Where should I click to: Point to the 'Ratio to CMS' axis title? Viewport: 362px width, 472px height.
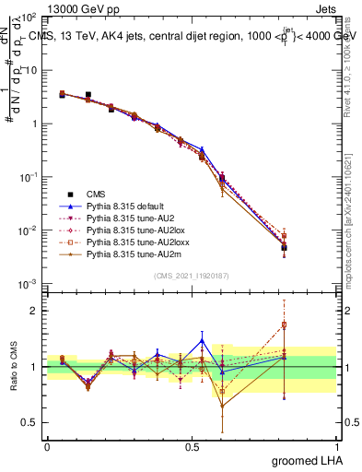[13, 368]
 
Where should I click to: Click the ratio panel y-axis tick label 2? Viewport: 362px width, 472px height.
[33, 311]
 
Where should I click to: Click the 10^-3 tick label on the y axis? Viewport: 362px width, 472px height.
[29, 284]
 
